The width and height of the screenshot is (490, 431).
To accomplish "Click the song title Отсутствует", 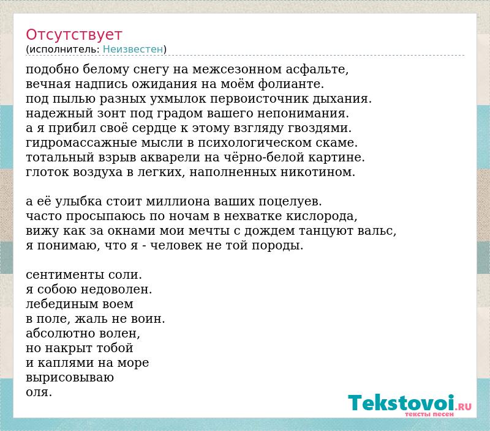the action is [73, 35].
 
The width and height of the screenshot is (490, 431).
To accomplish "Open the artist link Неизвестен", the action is [133, 50].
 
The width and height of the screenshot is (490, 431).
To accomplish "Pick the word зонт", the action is [111, 114].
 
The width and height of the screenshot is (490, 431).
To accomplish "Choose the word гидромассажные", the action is [81, 143].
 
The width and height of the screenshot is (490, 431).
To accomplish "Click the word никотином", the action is [316, 172].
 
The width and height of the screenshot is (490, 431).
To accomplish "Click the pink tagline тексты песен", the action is [429, 414].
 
